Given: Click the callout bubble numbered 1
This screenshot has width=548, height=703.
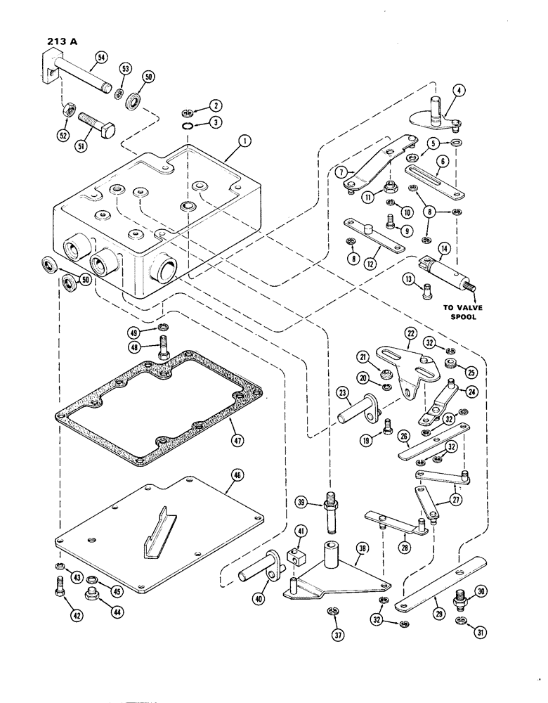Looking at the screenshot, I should (x=243, y=141).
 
